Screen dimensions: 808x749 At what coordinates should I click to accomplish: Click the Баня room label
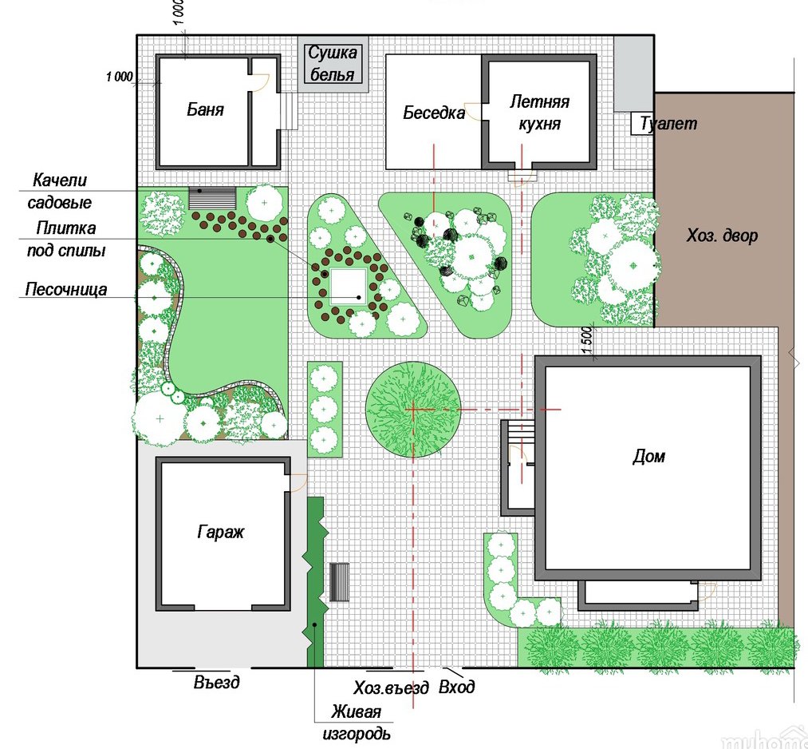[x=205, y=109]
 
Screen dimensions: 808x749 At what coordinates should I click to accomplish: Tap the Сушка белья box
[x=333, y=64]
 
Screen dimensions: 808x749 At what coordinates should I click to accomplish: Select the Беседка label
[x=433, y=113]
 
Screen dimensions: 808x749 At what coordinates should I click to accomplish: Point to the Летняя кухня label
[x=539, y=113]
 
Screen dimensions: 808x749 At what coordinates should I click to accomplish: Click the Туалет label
[x=668, y=123]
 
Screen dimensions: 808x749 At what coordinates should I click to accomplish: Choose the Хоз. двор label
[x=722, y=236]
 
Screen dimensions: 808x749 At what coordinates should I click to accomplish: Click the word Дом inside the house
[x=648, y=456]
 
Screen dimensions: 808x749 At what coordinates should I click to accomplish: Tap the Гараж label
[x=220, y=532]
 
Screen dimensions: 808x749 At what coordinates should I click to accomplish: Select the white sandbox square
[x=349, y=286]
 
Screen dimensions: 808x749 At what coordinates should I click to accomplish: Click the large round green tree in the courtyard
[x=412, y=409]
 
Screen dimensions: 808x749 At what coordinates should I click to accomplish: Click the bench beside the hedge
[x=339, y=582]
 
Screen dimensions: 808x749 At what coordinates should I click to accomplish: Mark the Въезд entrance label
[x=216, y=682]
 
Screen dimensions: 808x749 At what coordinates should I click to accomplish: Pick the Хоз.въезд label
[x=391, y=688]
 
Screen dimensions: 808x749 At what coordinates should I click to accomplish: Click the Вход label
[x=456, y=687]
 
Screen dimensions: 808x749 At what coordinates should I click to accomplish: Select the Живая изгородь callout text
[x=357, y=723]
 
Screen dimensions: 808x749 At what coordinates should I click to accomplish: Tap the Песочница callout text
[x=66, y=289]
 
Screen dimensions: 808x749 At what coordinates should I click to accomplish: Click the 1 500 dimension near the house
[x=587, y=340]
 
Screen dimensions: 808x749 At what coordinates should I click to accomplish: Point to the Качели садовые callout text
[x=60, y=191]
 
